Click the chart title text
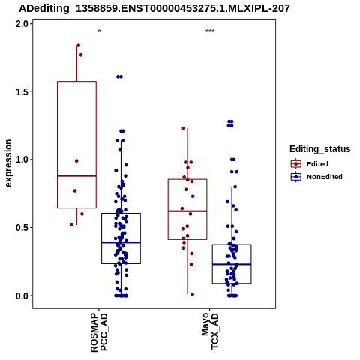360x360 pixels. pos(154,8)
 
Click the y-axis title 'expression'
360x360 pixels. pos(8,163)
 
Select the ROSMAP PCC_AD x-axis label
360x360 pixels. pos(99,332)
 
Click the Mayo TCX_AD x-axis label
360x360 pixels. pos(210,331)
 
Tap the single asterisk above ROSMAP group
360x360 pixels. pos(99,31)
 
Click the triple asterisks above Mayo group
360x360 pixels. pos(210,31)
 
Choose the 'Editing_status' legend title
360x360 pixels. pos(320,149)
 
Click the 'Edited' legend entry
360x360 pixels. pos(317,164)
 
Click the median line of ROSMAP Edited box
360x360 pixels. pos(76,176)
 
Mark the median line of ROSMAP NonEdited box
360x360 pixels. pos(121,242)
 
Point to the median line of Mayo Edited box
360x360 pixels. pos(187,211)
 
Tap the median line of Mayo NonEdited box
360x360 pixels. pos(232,264)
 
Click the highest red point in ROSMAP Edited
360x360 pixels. pos(78,46)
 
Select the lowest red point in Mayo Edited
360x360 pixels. pos(192,294)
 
